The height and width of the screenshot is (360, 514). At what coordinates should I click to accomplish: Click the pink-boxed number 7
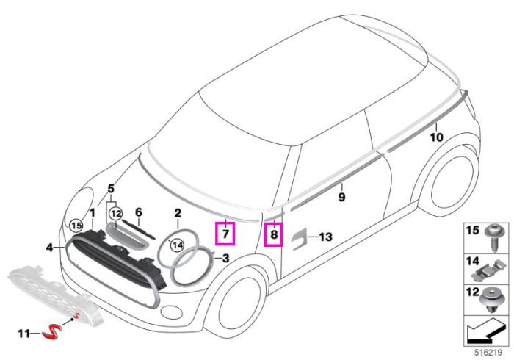[x=225, y=234]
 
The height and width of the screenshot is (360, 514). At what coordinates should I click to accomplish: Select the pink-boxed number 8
[x=274, y=234]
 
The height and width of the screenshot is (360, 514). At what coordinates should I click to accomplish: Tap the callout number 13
[x=325, y=237]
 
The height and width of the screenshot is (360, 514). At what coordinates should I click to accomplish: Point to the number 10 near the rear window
[x=436, y=137]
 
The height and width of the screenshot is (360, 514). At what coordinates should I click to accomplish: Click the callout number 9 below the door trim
[x=341, y=197]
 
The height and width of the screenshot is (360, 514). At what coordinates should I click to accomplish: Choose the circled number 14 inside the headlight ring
[x=177, y=245]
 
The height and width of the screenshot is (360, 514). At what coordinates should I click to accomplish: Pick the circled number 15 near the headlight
[x=76, y=226]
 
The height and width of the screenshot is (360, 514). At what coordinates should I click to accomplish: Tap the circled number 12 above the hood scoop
[x=115, y=214]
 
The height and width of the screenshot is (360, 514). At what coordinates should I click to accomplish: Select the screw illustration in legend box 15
[x=493, y=237]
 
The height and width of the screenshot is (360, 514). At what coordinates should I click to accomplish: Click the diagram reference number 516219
[x=488, y=353]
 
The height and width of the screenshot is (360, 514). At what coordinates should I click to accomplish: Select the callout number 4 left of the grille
[x=49, y=247]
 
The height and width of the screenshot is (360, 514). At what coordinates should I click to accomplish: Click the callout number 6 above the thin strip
[x=139, y=212]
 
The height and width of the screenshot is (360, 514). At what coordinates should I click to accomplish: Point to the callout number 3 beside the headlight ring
[x=225, y=259]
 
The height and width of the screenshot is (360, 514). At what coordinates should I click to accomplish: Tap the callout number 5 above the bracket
[x=111, y=189]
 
